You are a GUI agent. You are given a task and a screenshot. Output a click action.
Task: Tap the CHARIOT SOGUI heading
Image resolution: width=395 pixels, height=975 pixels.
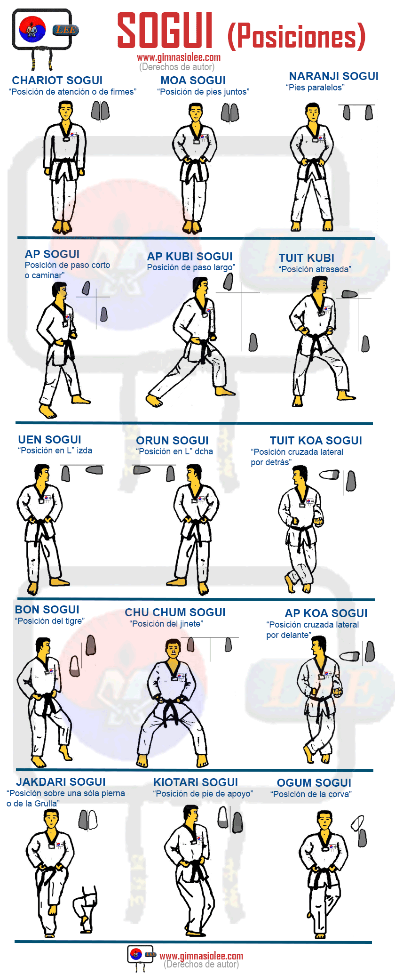click(57, 81)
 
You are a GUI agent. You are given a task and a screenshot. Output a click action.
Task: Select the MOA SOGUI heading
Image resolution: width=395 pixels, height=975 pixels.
click(193, 81)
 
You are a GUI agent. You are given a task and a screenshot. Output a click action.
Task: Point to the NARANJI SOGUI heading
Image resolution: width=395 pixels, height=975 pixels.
click(334, 76)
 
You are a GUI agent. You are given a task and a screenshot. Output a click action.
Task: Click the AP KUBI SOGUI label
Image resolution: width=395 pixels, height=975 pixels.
click(190, 257)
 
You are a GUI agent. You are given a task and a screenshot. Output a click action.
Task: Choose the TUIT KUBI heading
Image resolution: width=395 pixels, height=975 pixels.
click(307, 258)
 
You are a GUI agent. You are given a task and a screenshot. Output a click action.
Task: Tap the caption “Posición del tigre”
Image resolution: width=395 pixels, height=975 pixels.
click(50, 621)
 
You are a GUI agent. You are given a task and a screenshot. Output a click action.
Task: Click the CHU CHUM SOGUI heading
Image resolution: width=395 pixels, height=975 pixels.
click(175, 612)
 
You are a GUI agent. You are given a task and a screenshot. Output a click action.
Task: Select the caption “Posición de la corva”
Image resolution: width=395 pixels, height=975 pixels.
click(311, 794)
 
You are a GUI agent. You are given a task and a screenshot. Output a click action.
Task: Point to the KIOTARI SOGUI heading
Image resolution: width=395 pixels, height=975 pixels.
click(196, 782)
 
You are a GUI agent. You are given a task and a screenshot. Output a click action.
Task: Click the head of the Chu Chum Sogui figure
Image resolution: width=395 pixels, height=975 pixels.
click(173, 650)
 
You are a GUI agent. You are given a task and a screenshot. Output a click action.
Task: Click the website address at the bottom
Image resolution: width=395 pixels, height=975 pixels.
click(202, 956)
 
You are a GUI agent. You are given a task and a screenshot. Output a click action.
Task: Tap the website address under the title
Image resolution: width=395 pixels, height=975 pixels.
click(179, 57)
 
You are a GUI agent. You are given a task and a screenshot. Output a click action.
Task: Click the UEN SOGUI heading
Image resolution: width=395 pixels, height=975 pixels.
click(50, 440)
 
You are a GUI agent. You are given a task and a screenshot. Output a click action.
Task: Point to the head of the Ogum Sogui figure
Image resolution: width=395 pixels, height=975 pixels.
click(324, 821)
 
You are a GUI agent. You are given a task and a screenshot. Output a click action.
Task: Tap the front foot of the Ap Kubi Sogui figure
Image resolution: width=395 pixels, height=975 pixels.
click(225, 391)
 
